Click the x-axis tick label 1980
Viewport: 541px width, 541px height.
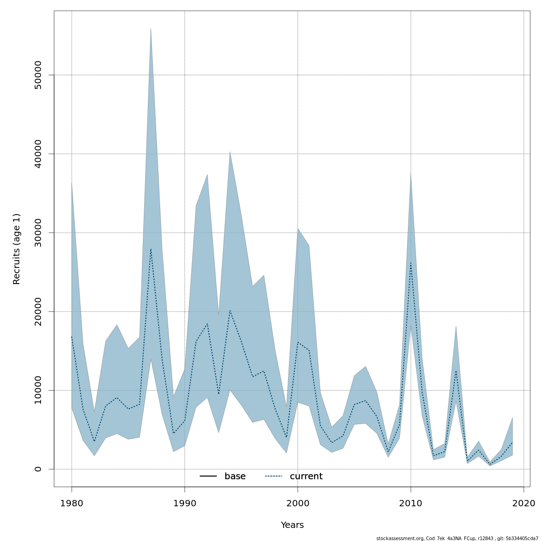72,503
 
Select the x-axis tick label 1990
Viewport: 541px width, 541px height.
185,503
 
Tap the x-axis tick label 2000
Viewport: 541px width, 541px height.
298,503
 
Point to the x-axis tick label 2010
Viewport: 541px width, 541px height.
411,503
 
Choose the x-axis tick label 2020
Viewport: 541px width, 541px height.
523,503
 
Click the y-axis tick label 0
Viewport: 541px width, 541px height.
38,469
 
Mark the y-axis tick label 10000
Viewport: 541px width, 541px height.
38,390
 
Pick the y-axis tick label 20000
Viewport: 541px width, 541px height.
38,311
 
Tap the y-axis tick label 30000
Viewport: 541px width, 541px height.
38,233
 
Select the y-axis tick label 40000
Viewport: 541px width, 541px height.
38,154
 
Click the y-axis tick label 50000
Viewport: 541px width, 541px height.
38,75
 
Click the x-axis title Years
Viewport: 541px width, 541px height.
292,525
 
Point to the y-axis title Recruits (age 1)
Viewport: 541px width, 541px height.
17,249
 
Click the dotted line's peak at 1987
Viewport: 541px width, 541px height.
151,249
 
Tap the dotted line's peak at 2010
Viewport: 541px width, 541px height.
411,263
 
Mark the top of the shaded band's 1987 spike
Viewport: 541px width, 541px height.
151,28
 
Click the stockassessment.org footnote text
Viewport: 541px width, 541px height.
457,538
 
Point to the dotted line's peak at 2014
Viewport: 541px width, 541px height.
456,371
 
